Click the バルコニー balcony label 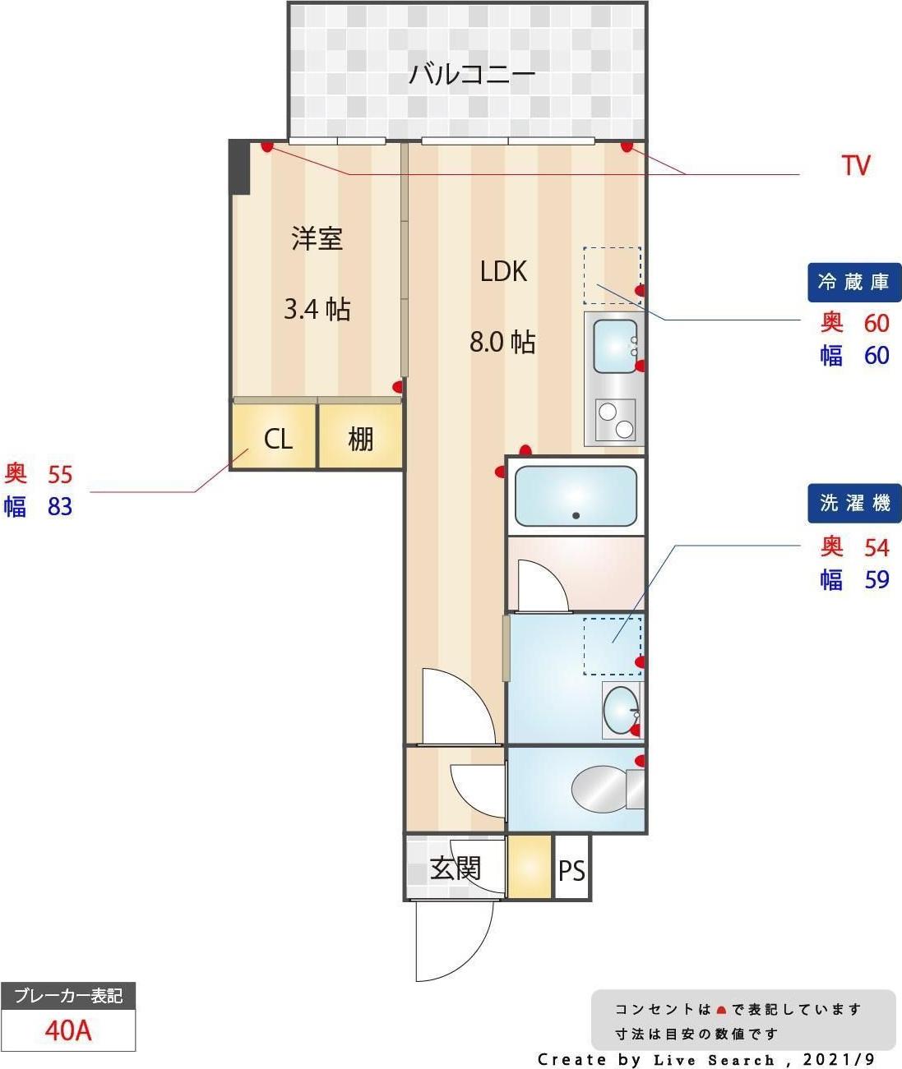[x=472, y=74]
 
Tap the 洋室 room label [x=317, y=238]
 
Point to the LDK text [x=503, y=271]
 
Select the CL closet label [x=278, y=440]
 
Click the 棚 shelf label [x=361, y=440]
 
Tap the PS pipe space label [x=571, y=870]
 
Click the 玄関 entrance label [x=455, y=869]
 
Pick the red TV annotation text [x=856, y=166]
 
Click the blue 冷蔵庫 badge [x=854, y=283]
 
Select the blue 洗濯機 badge [x=854, y=503]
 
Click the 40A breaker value [x=68, y=1030]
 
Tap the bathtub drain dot [x=576, y=515]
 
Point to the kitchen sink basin [x=615, y=347]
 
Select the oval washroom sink [x=621, y=711]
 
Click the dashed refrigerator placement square [x=613, y=275]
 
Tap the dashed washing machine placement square [x=613, y=646]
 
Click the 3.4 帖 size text [x=317, y=309]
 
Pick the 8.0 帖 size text [x=502, y=342]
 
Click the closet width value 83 [x=60, y=507]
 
